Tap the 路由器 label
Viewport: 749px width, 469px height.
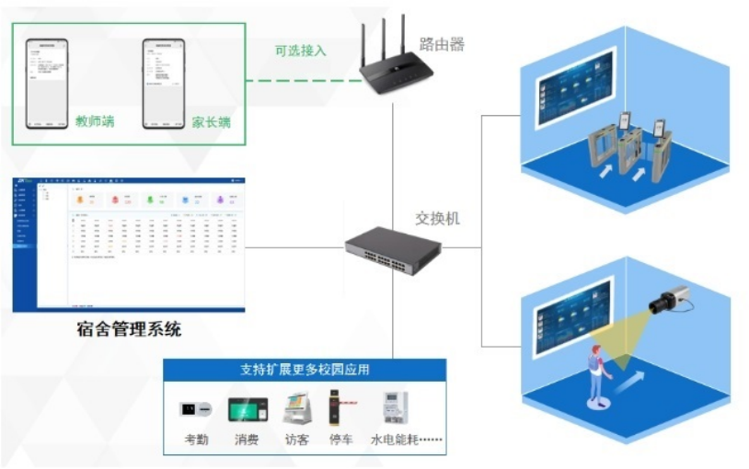point(442,43)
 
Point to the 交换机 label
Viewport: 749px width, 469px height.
point(437,218)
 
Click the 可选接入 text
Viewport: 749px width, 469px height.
point(301,50)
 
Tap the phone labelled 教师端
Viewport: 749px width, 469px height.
point(45,82)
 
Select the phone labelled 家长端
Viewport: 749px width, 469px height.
point(163,82)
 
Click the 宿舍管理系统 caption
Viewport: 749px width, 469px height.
point(129,328)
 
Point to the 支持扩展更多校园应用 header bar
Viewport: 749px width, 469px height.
point(305,370)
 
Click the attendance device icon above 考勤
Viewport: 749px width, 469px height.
point(196,408)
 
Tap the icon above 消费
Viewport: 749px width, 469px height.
point(246,408)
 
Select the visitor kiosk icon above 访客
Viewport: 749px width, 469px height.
point(296,407)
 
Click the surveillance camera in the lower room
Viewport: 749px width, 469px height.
point(667,300)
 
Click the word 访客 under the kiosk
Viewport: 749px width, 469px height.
point(296,440)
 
